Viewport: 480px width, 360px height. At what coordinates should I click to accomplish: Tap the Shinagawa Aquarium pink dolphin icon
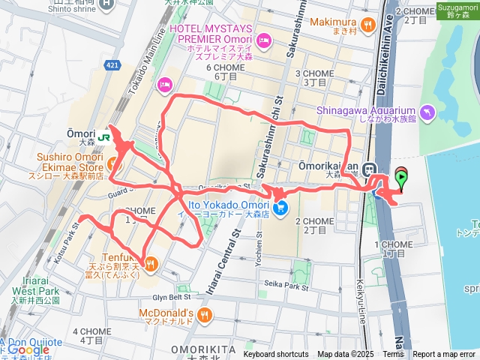[x=427, y=112]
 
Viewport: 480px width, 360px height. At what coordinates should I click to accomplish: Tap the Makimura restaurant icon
[x=367, y=26]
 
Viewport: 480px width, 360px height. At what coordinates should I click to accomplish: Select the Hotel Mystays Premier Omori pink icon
[x=263, y=39]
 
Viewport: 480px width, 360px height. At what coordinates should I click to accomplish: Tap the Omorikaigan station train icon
[x=369, y=169]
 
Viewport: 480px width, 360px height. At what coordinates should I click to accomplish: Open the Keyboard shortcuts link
[x=276, y=355]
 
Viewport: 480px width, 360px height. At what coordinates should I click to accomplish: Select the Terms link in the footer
[x=393, y=355]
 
